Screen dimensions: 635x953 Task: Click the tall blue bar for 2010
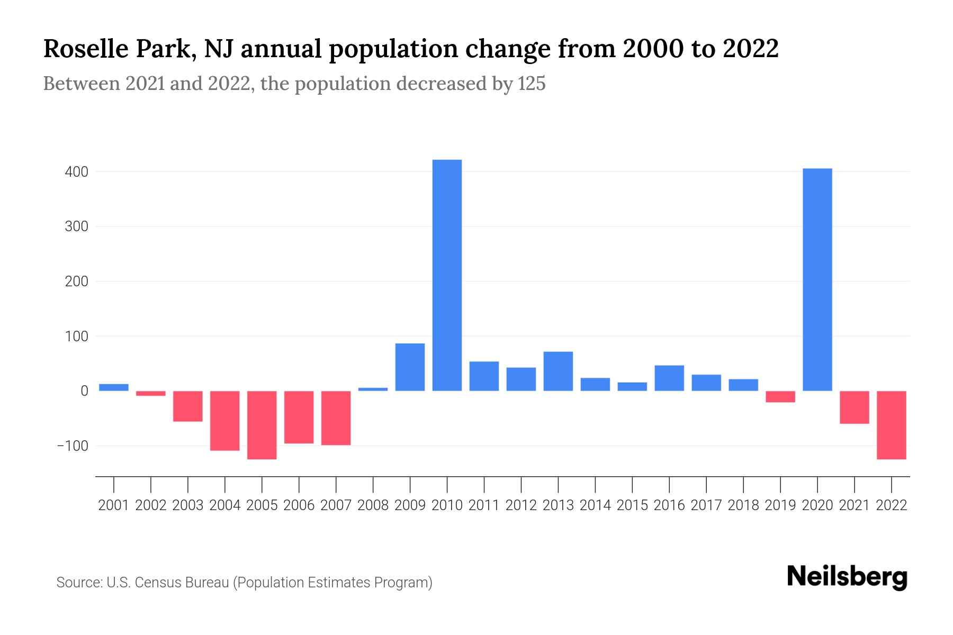[447, 275]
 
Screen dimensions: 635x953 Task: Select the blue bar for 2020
[817, 279]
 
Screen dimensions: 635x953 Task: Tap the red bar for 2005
[262, 425]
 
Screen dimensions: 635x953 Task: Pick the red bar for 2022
[891, 425]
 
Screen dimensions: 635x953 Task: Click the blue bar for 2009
[410, 367]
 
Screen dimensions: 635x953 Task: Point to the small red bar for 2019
[780, 396]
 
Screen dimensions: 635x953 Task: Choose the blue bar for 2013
[558, 371]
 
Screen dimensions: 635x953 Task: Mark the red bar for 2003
[188, 406]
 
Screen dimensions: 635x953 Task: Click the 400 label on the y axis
[77, 172]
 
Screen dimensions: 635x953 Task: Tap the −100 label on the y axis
[73, 446]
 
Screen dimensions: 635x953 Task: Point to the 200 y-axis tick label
[77, 282]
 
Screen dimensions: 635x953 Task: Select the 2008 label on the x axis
[373, 505]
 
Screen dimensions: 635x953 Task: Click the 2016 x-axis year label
[669, 505]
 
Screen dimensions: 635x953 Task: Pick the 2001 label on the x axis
[114, 505]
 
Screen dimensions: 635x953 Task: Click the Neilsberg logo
[847, 577]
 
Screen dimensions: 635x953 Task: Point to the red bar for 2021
[854, 407]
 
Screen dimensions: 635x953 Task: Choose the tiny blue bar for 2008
[373, 389]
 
